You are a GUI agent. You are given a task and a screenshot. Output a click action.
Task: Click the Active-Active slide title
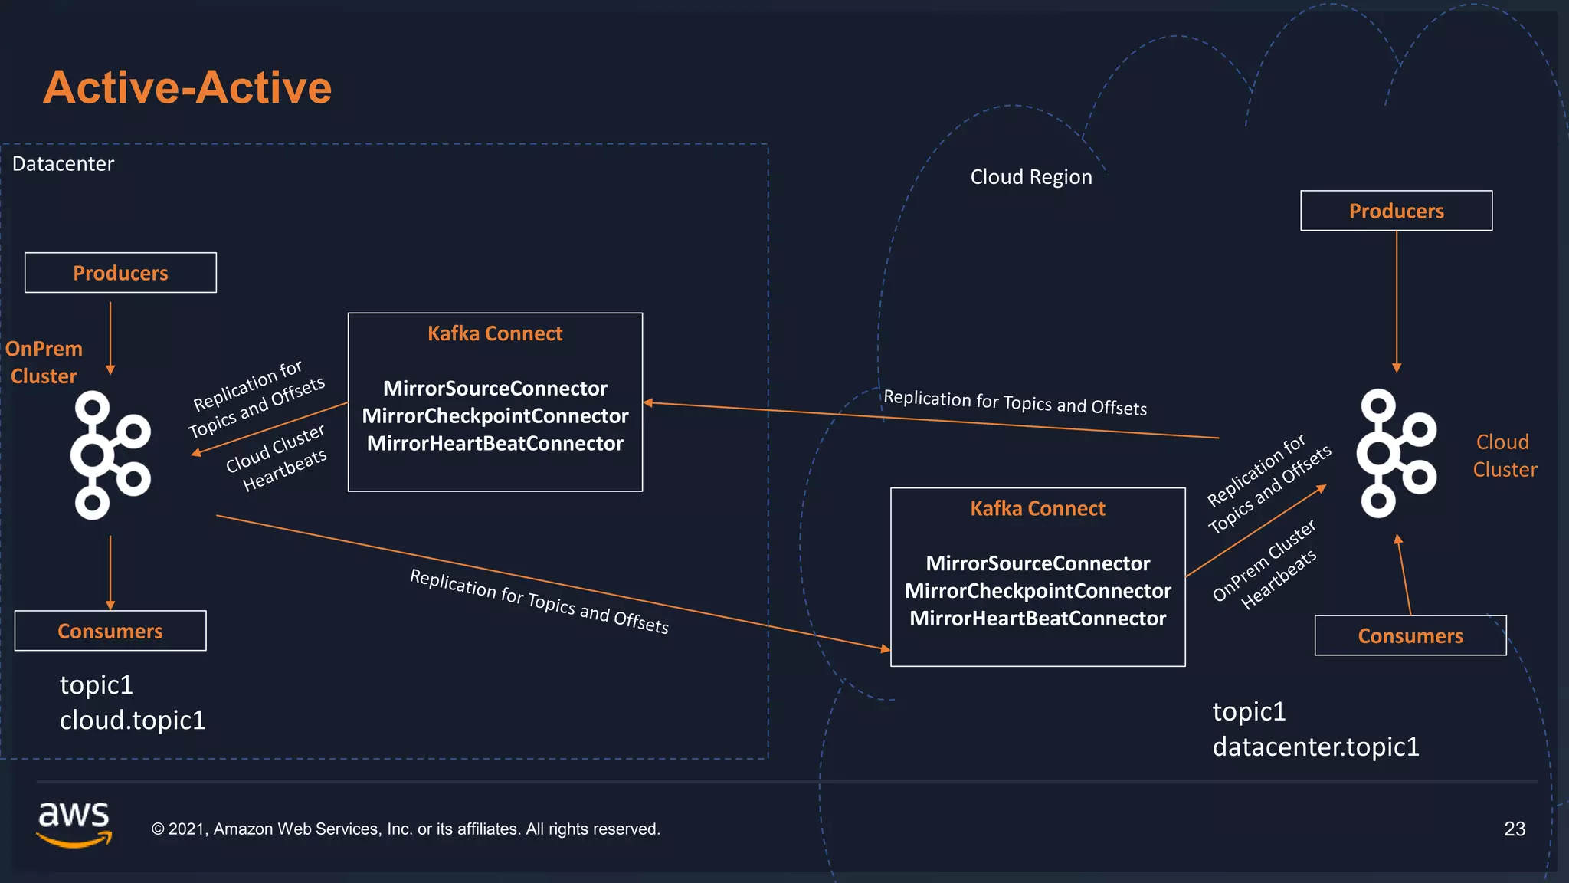[x=187, y=87]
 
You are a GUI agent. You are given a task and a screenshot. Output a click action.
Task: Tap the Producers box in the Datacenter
[x=120, y=273]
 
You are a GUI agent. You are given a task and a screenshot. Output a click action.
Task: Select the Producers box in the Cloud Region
[x=1396, y=211]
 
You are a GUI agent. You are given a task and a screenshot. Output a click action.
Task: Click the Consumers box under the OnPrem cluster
[x=110, y=631]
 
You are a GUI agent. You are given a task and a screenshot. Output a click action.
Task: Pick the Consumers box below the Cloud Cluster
[x=1410, y=635]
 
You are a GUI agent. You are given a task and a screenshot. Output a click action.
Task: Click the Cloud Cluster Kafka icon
[x=1395, y=453]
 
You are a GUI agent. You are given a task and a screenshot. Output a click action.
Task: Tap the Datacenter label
[x=63, y=164]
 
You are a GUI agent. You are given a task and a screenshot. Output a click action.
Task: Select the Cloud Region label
[x=1030, y=177]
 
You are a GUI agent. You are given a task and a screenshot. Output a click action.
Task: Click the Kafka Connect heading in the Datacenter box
[x=495, y=333]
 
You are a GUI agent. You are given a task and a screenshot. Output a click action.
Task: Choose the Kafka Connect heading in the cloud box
[x=1037, y=509]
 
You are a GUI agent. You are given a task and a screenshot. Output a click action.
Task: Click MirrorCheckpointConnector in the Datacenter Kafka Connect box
[x=495, y=416]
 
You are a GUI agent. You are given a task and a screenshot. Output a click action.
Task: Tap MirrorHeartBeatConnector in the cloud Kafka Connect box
[x=1037, y=619]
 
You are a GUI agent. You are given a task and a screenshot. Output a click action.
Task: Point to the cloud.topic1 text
[x=133, y=721]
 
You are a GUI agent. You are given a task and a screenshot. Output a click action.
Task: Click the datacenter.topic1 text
[x=1315, y=747]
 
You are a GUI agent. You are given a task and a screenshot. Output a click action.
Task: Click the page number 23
[x=1514, y=829]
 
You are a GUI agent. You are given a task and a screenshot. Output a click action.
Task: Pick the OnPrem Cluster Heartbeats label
[x=1266, y=565]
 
